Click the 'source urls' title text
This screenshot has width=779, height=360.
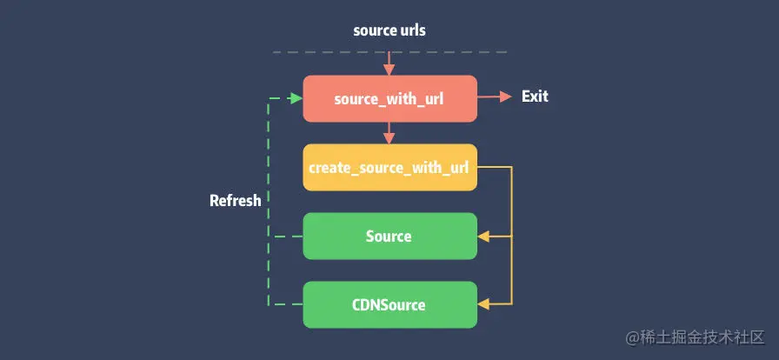389,30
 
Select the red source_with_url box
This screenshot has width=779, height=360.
389,98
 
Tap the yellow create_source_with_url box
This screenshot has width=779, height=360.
389,167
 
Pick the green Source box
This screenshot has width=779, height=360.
389,236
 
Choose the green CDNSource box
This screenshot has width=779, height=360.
389,304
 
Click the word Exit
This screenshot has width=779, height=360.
535,97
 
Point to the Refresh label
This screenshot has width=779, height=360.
235,201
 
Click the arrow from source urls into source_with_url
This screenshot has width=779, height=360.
389,63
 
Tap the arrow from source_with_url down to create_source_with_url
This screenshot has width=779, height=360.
389,132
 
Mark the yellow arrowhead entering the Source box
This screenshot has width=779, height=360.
484,236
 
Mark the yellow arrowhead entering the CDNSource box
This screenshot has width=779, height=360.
484,304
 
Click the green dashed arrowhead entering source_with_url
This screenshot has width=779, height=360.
296,98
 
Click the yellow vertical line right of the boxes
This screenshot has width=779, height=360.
512,235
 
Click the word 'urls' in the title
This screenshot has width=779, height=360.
411,30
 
